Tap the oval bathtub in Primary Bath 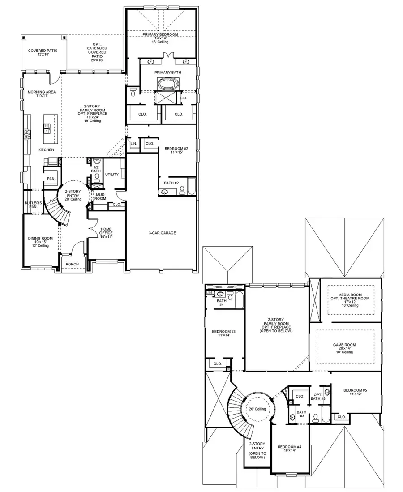[x=167, y=84]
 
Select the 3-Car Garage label [x=162, y=233]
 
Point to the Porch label [x=72, y=264]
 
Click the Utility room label [x=111, y=175]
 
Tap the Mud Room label [x=100, y=196]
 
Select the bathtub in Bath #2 [x=192, y=187]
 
